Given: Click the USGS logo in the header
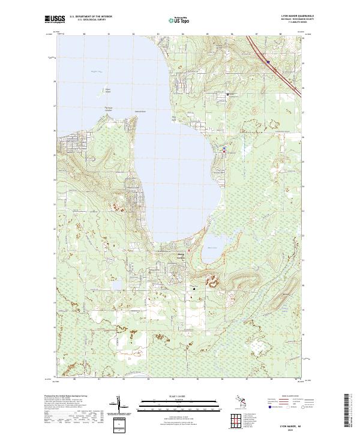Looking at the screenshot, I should click(x=55, y=20).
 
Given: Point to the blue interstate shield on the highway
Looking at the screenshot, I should click(x=268, y=61).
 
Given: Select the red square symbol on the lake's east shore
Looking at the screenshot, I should click(x=224, y=152).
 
